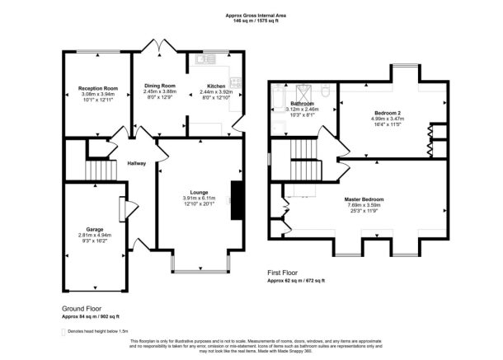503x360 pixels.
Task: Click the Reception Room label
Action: pos(95,88)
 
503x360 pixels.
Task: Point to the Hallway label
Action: pos(137,163)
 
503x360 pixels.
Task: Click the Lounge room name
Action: pos(199,193)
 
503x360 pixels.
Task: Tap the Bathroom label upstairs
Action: pos(301,103)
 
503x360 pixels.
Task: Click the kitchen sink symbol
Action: pos(204,58)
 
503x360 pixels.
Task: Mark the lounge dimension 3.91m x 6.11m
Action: pos(199,198)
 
